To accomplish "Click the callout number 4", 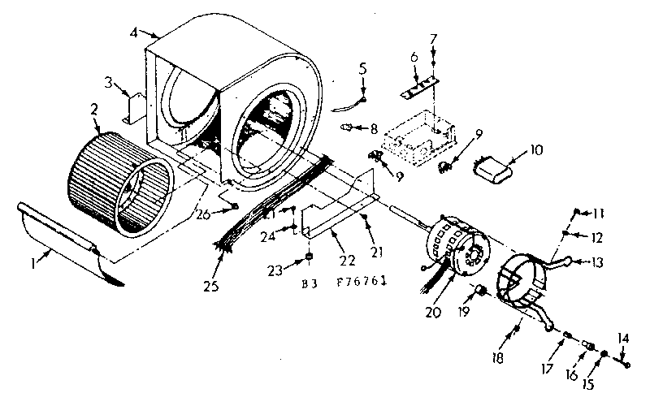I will pyautogui.click(x=133, y=33).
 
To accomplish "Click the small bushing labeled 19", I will pyautogui.click(x=479, y=289).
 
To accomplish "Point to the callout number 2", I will pyautogui.click(x=94, y=107).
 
